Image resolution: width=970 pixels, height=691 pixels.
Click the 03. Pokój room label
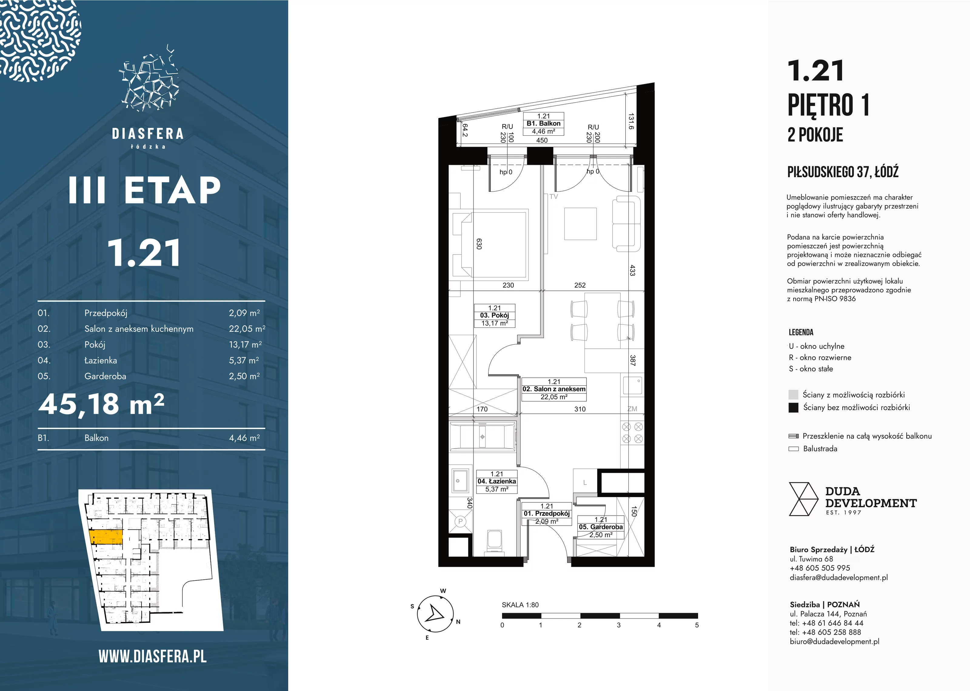(495, 316)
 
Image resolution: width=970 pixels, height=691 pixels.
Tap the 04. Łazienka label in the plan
(497, 482)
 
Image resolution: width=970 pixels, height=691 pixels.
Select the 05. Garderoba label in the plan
(600, 527)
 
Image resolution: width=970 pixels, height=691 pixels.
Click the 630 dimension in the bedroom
(479, 244)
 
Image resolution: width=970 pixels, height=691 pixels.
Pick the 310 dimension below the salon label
(580, 409)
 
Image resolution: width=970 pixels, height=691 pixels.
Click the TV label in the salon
(553, 197)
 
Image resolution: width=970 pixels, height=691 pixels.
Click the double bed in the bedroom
(490, 245)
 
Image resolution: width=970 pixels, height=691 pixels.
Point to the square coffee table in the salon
(580, 224)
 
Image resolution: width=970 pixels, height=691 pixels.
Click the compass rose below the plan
(435, 614)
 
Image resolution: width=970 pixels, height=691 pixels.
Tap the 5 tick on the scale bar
(697, 625)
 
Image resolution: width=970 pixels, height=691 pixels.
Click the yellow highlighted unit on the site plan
(106, 537)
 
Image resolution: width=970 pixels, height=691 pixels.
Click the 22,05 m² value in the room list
(247, 328)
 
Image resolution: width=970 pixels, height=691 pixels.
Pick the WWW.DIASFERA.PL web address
(152, 656)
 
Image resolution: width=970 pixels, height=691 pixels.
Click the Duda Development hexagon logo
(803, 499)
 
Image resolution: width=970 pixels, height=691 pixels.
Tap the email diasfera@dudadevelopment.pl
(838, 577)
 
